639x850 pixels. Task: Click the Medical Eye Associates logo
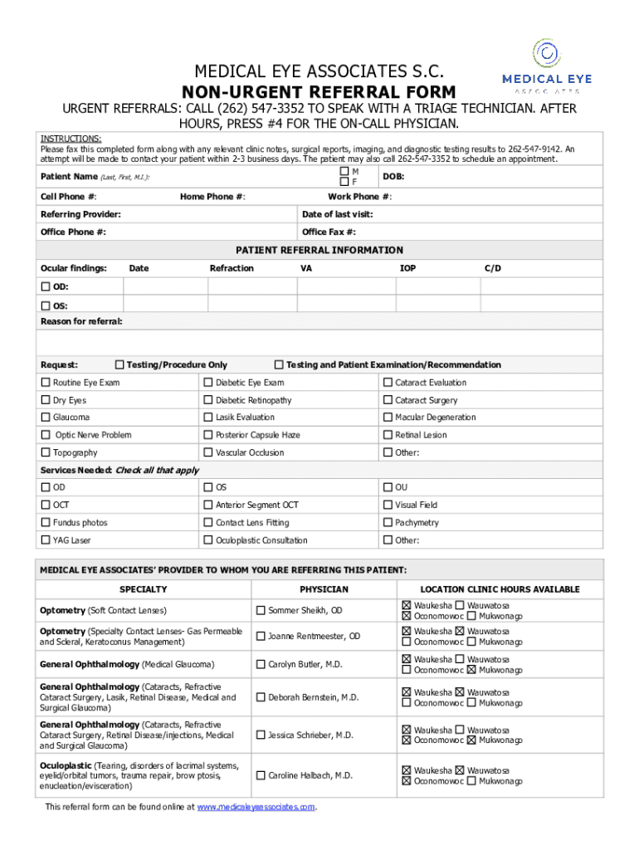pos(546,66)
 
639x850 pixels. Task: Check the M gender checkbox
pos(344,171)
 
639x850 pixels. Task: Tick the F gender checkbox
pos(344,182)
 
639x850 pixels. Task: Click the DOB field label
pos(393,177)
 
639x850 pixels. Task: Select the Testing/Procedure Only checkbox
pos(120,364)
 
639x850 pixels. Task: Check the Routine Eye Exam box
pos(46,383)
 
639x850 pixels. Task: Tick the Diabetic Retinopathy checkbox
pos(208,400)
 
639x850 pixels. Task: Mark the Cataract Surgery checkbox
pos(388,400)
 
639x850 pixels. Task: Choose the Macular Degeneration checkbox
pos(388,418)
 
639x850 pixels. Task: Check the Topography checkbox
pos(46,452)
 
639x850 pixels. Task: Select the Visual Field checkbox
pos(388,505)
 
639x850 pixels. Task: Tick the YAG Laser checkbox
pos(46,540)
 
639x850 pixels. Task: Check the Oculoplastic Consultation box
pos(208,540)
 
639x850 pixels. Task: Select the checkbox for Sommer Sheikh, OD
pos(261,611)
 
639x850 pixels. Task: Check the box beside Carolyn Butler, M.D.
pos(261,665)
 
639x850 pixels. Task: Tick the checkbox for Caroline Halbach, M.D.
pos(261,775)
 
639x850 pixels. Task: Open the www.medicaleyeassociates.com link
pos(256,806)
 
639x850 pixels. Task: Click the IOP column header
pos(407,268)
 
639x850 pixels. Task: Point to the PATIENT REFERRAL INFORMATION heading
pos(319,250)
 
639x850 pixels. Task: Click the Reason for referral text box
pos(319,343)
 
